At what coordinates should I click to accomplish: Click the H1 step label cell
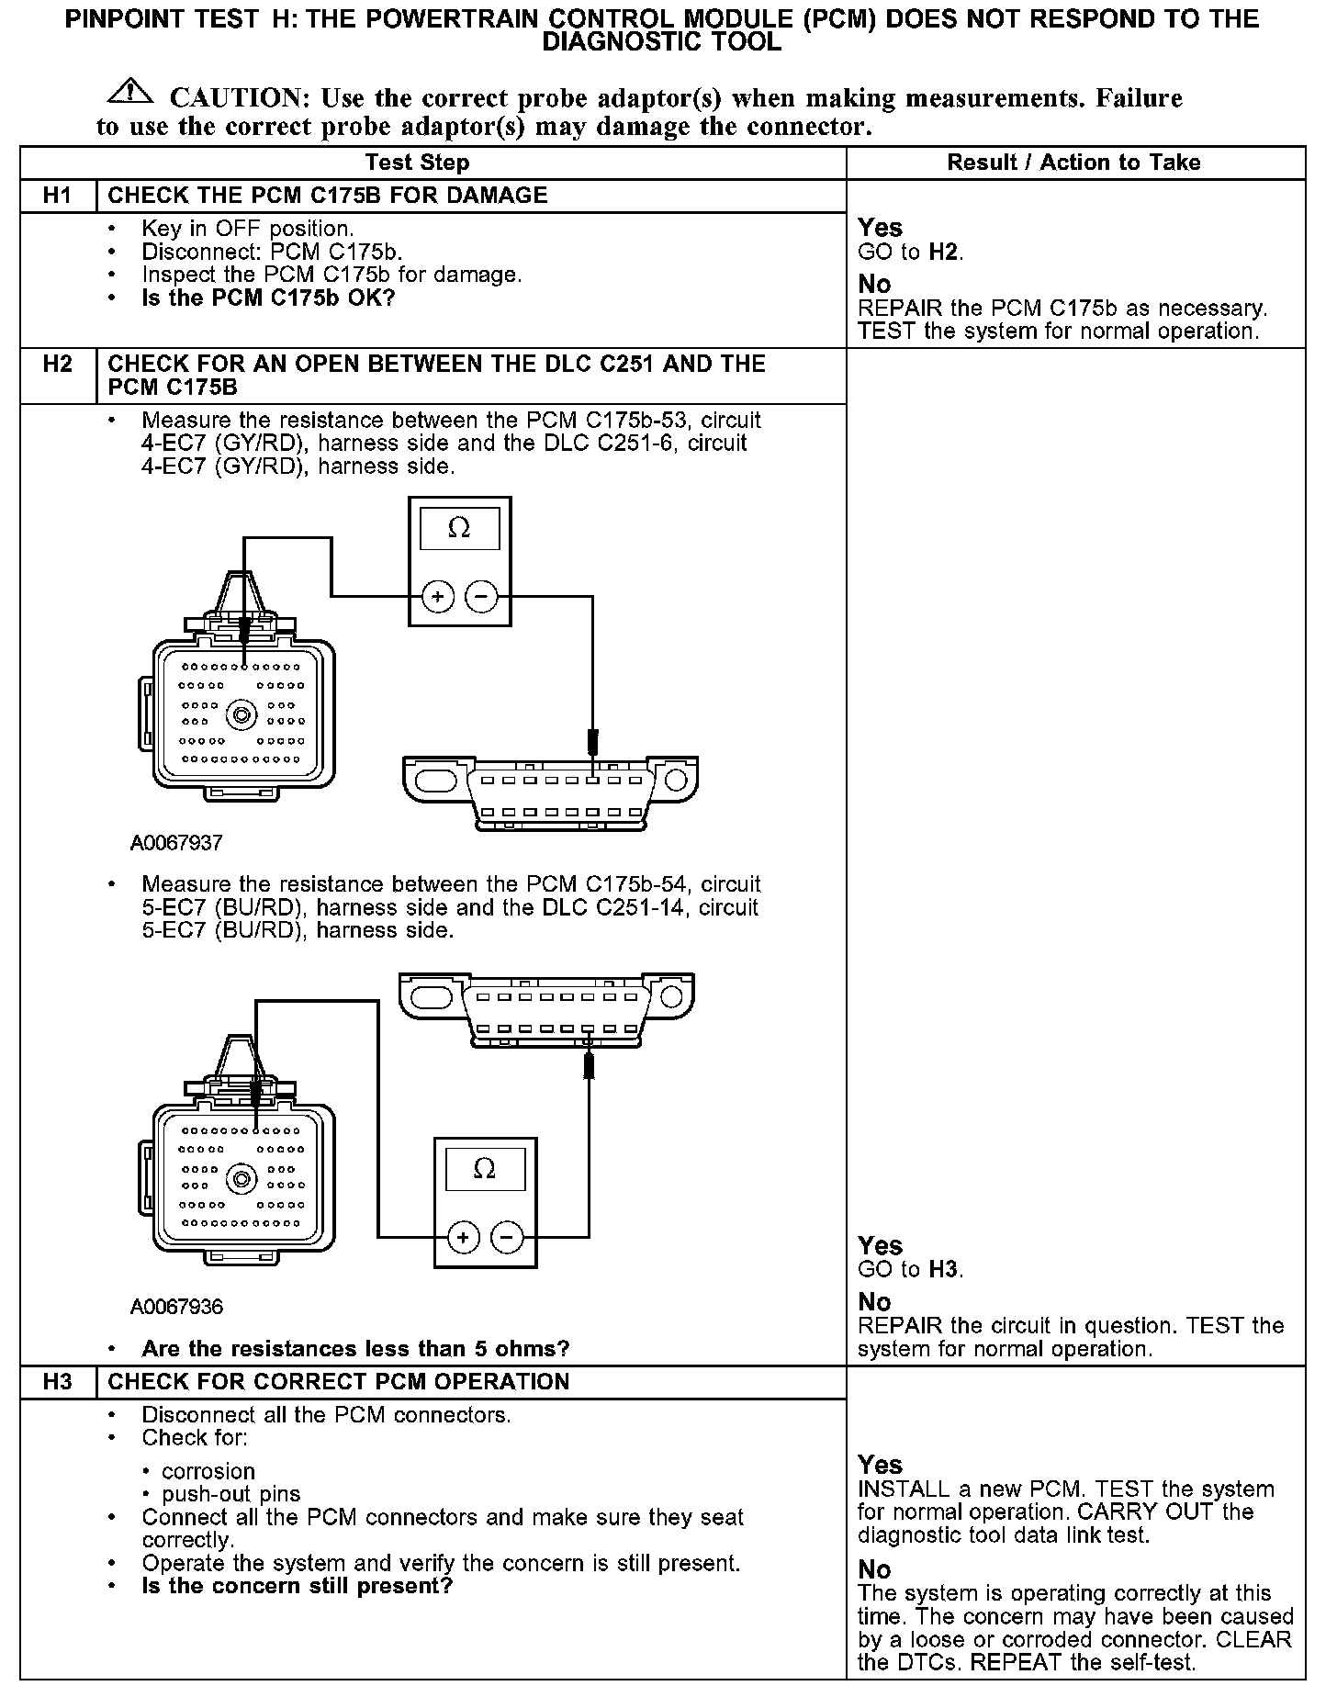coord(58,196)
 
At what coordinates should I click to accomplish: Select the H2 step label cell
coord(58,365)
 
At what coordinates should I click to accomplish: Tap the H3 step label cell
coord(58,1382)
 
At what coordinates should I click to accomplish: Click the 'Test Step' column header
coord(417,163)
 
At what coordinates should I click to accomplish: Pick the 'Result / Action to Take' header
coord(1073,163)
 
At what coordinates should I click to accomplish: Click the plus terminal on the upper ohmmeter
coord(437,598)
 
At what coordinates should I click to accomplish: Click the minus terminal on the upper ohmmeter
coord(481,598)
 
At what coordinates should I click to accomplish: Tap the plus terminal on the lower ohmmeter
coord(463,1238)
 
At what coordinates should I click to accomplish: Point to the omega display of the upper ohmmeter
coord(459,530)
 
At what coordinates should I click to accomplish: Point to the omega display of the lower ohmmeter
coord(485,1169)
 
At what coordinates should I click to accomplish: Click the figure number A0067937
coord(176,842)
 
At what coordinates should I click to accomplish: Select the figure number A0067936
coord(176,1306)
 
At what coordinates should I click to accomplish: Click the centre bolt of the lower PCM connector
coord(242,1177)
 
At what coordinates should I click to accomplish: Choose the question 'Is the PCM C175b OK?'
coord(268,298)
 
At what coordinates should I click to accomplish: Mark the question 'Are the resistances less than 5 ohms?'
coord(355,1349)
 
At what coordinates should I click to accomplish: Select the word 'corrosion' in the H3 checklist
coord(208,1471)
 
